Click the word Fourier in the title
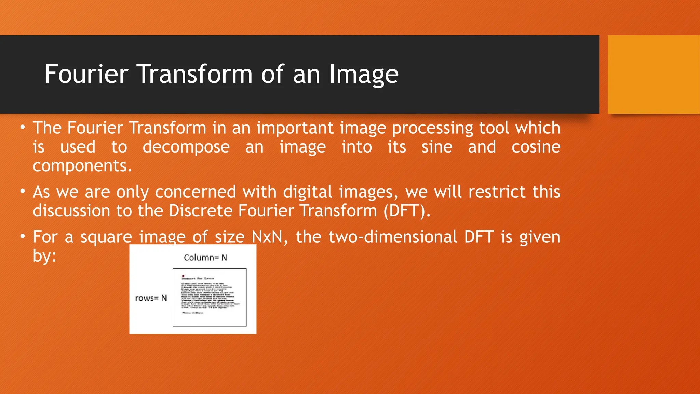pyautogui.click(x=86, y=74)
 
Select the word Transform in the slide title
pyautogui.click(x=195, y=74)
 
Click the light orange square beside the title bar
pyautogui.click(x=653, y=74)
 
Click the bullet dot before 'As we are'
pyautogui.click(x=23, y=192)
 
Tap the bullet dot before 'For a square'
pyautogui.click(x=23, y=237)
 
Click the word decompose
pyautogui.click(x=186, y=147)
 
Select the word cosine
pyautogui.click(x=536, y=147)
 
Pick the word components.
pyautogui.click(x=82, y=166)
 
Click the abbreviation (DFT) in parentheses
pyautogui.click(x=406, y=211)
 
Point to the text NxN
pyautogui.click(x=267, y=237)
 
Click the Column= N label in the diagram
pyautogui.click(x=205, y=258)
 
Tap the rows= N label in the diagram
pyautogui.click(x=151, y=298)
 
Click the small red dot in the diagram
pyautogui.click(x=183, y=276)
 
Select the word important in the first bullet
pyautogui.click(x=295, y=128)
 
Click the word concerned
pyautogui.click(x=196, y=192)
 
